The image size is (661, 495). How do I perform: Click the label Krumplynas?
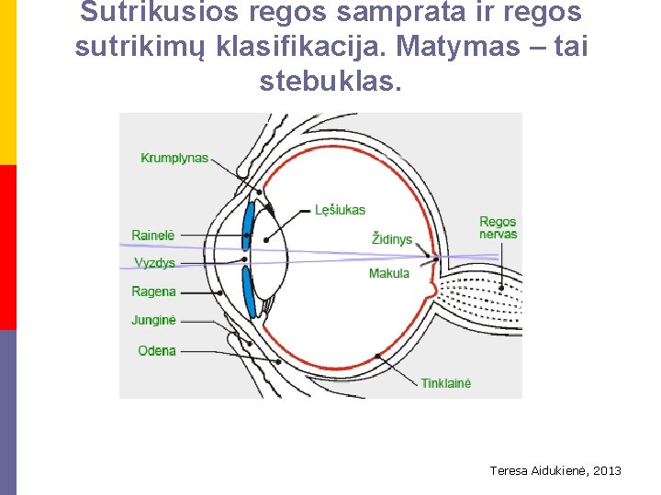pos(174,158)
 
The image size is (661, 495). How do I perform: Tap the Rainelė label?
pos(152,236)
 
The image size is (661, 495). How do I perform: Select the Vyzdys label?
pos(154,263)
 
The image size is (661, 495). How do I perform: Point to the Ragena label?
pos(153,291)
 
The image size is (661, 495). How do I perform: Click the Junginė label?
pos(153,321)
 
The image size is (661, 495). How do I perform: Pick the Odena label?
pos(156,350)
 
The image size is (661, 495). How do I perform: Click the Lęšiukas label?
pos(340,210)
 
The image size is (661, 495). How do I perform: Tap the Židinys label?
pos(392,239)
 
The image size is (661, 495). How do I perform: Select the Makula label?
pos(389,273)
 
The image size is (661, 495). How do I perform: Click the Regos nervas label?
pos(498,227)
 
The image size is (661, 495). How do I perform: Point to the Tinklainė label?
pos(446,383)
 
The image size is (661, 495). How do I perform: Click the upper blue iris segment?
pos(248,225)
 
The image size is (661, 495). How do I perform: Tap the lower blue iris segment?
pos(250,291)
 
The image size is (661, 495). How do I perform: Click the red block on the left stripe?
pos(7,247)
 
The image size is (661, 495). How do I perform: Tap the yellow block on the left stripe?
pos(7,82)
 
